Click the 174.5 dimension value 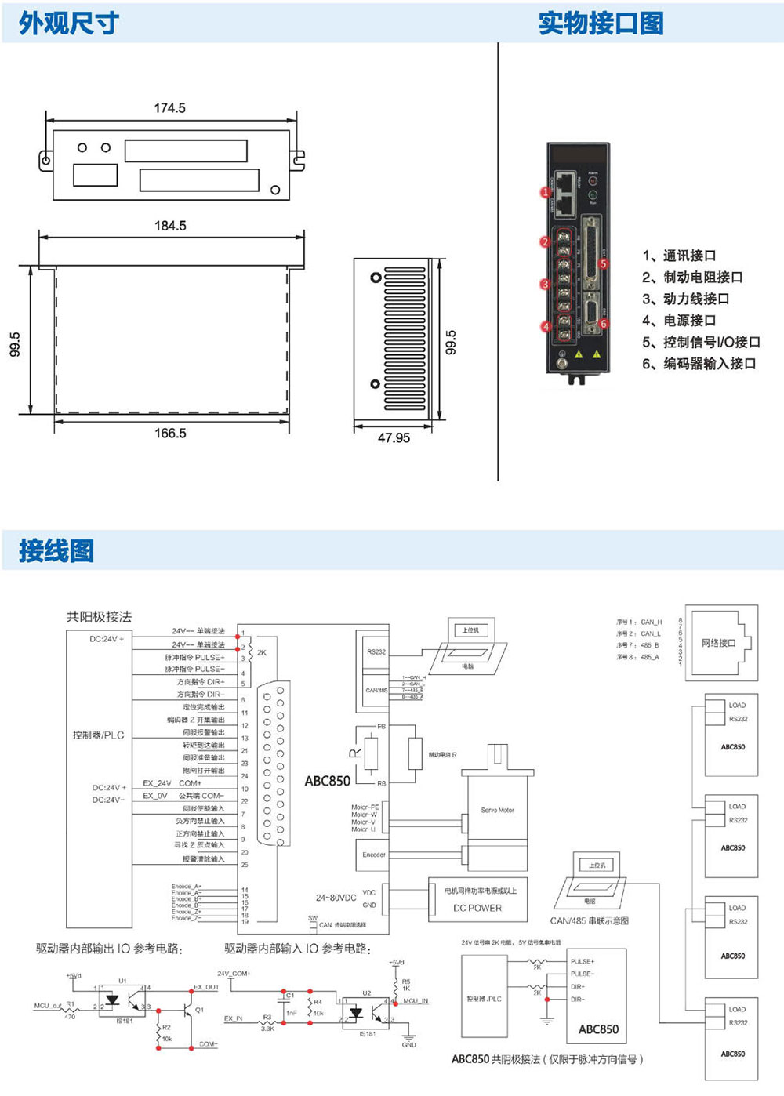click(x=169, y=108)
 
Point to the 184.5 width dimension click(x=170, y=226)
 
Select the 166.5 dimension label click(x=170, y=434)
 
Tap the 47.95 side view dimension click(x=394, y=437)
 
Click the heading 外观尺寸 click(x=69, y=24)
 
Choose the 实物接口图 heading click(x=601, y=24)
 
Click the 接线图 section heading click(x=56, y=550)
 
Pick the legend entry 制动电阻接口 click(x=692, y=277)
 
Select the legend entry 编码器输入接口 click(x=699, y=364)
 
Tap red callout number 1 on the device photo click(x=546, y=192)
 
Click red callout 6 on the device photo click(x=603, y=324)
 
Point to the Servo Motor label click(x=497, y=810)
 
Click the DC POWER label click(x=477, y=908)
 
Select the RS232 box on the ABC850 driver click(x=376, y=651)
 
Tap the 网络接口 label click(x=718, y=643)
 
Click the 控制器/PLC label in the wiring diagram click(x=98, y=735)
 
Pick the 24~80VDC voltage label click(x=336, y=898)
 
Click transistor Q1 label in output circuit click(x=199, y=1010)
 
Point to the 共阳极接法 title click(x=99, y=616)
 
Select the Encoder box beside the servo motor click(x=373, y=855)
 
